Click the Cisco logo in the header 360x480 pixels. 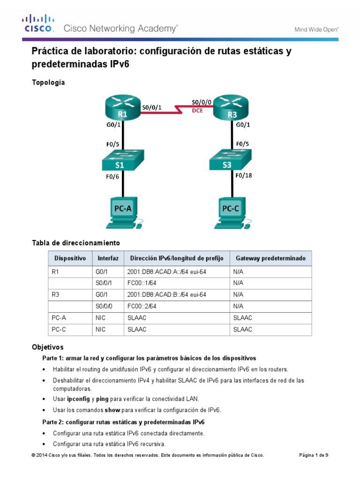(38, 24)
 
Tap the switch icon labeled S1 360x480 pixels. (120, 162)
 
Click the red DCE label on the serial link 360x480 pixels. (197, 111)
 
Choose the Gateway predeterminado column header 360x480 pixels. (270, 258)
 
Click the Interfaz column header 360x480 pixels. (108, 258)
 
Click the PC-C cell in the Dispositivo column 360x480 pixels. (59, 330)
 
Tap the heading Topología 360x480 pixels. (48, 82)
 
